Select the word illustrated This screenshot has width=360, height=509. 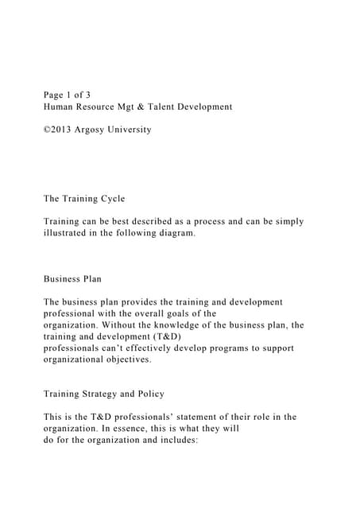coord(71,233)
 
